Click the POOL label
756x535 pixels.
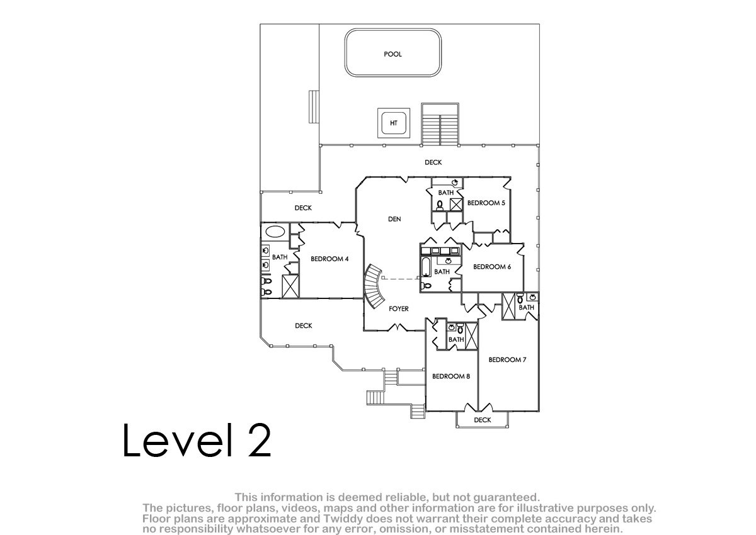392,54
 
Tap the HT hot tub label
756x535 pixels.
394,123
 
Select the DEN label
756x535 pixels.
394,219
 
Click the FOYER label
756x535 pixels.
399,308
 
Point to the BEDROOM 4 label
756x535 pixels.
329,259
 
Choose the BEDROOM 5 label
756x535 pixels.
486,203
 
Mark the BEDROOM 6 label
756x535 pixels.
492,267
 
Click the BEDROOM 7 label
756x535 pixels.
507,359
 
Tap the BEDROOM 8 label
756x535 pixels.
451,376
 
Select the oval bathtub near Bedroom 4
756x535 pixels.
275,232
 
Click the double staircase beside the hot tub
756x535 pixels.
440,124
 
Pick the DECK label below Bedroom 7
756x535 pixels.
483,420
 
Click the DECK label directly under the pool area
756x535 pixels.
433,162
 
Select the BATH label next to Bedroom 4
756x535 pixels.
280,257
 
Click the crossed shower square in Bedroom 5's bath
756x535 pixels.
456,205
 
